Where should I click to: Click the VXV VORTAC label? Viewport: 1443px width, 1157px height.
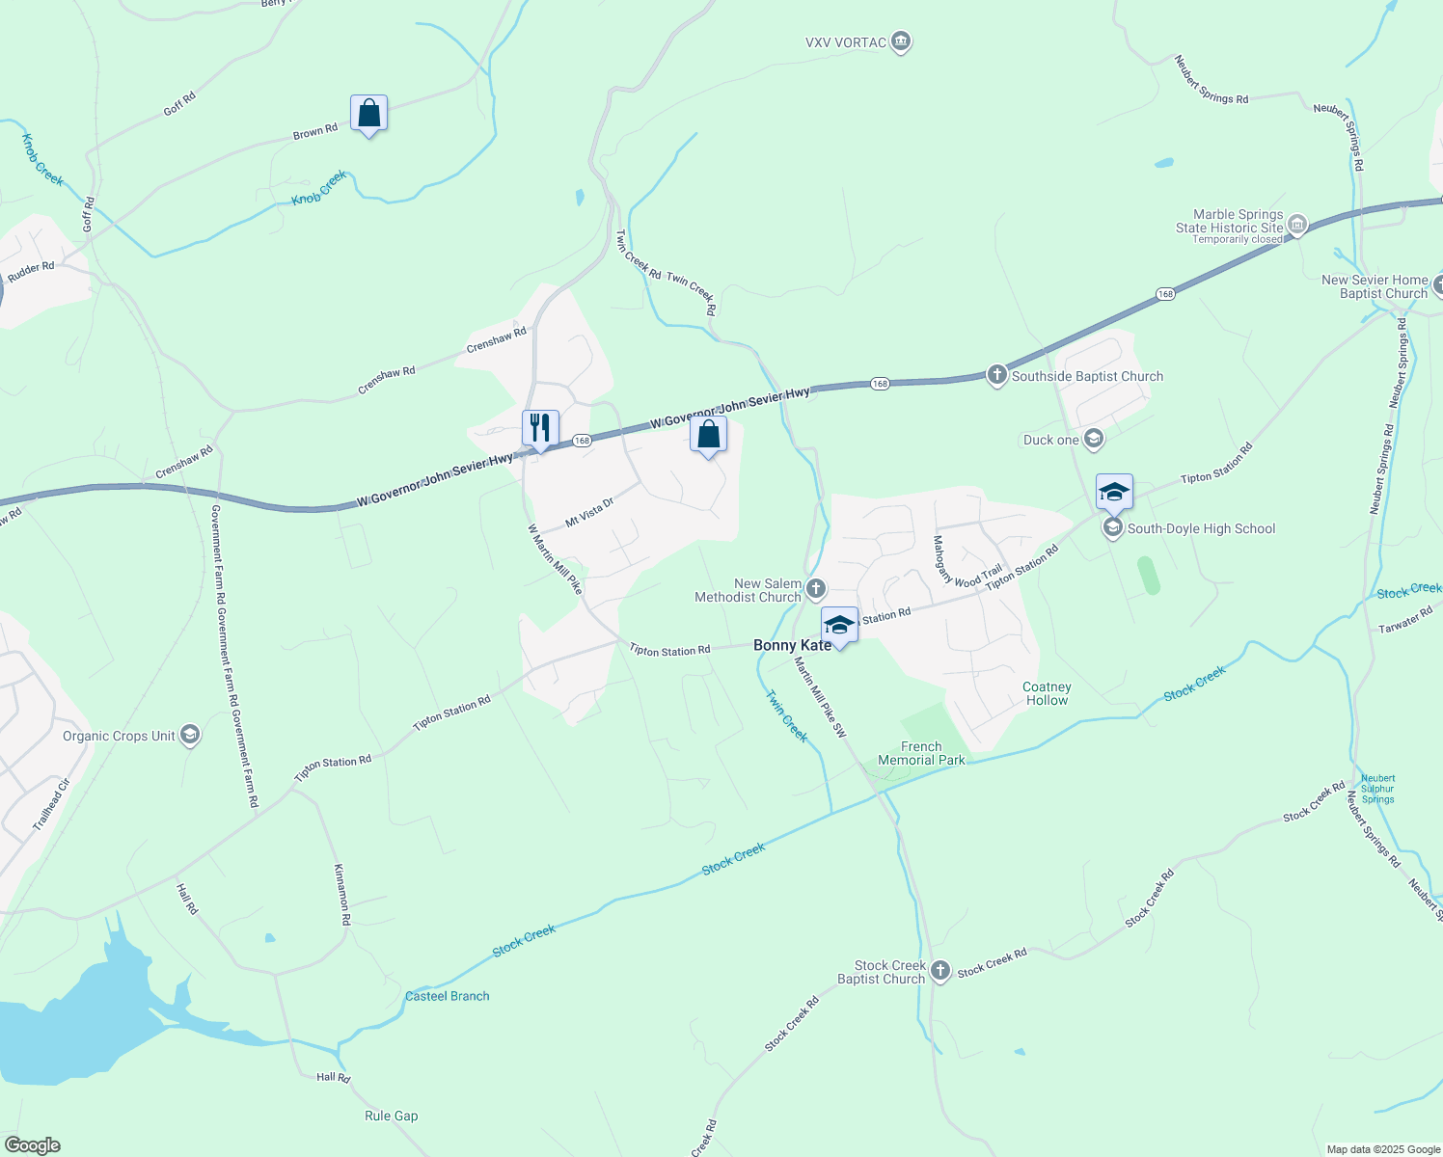(846, 42)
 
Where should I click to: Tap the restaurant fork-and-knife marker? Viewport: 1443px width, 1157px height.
(540, 427)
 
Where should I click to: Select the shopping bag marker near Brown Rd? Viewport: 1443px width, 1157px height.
(368, 114)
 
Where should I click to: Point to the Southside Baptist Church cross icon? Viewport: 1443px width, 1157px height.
(997, 375)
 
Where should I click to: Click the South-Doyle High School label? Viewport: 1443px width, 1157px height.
(1201, 528)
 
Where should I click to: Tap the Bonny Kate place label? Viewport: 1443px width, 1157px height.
(792, 645)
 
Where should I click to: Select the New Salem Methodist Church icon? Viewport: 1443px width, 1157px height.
(816, 588)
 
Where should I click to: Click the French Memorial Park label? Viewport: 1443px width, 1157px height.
(921, 753)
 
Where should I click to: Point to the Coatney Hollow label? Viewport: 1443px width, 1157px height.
(1047, 693)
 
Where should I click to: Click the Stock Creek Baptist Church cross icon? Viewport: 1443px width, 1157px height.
(940, 971)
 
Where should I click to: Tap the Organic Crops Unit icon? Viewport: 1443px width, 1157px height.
(190, 736)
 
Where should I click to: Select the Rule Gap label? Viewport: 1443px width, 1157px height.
(392, 1116)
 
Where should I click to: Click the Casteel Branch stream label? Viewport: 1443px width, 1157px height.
(448, 996)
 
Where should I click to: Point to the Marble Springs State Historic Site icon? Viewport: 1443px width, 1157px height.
(1297, 226)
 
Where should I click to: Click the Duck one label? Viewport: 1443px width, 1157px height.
(1050, 440)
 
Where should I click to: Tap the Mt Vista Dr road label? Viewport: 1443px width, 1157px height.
(589, 512)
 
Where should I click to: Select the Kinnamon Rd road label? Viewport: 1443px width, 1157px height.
(341, 894)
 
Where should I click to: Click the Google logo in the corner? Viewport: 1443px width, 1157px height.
(32, 1145)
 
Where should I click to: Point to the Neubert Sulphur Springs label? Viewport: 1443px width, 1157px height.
(1378, 789)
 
